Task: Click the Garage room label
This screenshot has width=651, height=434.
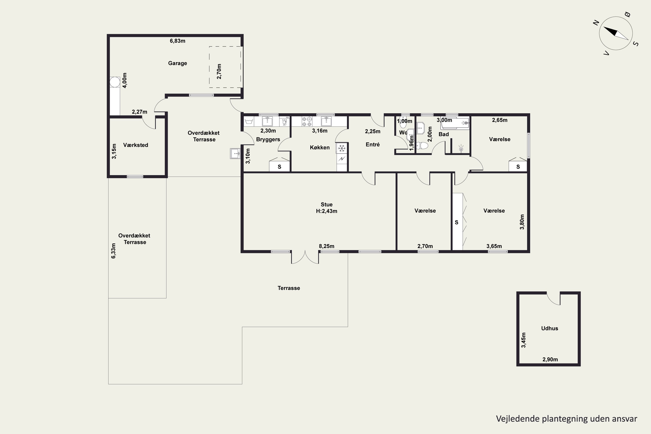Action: [178, 63]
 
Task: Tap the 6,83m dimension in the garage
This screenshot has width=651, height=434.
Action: [178, 41]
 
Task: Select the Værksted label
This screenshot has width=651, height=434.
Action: [136, 145]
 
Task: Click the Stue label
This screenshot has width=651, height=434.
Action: [327, 205]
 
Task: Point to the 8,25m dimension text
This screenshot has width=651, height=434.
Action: [327, 246]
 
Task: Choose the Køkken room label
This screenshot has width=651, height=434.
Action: [320, 148]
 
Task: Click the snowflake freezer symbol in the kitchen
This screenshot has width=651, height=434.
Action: [342, 148]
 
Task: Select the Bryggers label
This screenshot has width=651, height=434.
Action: [268, 140]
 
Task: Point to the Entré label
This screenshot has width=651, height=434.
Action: [373, 145]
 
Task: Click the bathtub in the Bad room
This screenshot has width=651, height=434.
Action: [455, 123]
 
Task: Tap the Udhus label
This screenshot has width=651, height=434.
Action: [549, 329]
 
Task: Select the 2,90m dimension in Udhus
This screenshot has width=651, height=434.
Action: [550, 360]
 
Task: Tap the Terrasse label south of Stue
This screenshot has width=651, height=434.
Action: [289, 288]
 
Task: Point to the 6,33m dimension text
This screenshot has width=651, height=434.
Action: [113, 251]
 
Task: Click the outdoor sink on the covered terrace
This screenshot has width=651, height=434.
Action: [235, 153]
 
